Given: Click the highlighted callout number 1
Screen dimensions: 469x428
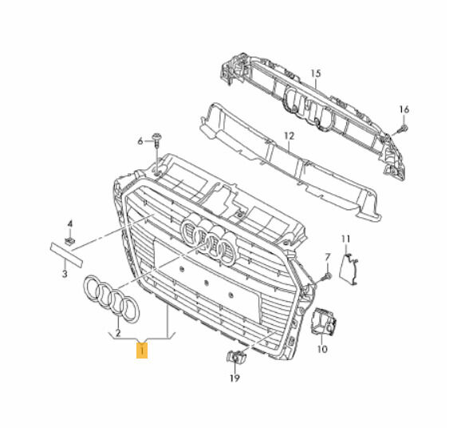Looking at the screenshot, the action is [142, 351].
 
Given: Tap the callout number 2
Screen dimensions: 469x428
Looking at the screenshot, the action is [118, 333].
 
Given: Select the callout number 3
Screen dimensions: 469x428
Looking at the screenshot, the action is [65, 273].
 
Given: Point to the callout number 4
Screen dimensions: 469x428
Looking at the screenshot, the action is [70, 224].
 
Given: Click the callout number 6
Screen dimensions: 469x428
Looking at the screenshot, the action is [140, 141].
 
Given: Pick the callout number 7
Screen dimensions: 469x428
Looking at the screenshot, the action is [328, 257].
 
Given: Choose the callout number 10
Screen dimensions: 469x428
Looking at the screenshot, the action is [322, 349].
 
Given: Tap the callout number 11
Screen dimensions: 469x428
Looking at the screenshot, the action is [346, 239].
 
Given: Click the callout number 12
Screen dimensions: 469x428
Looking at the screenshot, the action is [290, 136].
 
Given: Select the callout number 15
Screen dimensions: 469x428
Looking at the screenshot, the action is [316, 73].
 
